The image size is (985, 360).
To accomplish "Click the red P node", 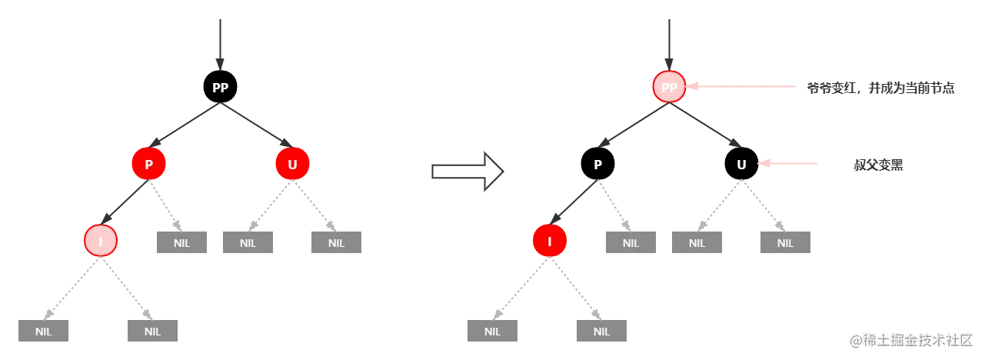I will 148,164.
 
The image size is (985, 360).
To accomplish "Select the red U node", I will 292,164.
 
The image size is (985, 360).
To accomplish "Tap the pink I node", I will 101,241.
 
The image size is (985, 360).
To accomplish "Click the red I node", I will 549,241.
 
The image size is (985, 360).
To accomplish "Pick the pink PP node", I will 669,87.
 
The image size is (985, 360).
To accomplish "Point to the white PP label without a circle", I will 220,88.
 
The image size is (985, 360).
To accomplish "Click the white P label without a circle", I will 597,165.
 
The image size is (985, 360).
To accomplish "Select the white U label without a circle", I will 741,165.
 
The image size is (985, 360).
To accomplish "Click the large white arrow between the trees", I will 468,171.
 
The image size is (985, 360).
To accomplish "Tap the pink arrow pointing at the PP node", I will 742,87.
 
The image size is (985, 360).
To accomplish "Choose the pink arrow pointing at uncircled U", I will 788,163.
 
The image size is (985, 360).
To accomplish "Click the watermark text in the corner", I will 911,338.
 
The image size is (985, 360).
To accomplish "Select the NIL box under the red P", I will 181,243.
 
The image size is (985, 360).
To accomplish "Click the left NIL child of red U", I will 248,243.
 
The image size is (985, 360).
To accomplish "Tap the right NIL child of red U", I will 335,243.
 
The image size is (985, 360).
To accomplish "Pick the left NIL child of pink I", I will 45,332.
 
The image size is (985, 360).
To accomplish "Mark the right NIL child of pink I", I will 151,332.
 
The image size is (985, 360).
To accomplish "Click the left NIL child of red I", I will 494,332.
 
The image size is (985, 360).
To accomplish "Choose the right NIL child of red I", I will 600,332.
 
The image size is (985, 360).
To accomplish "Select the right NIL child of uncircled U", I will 784,243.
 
